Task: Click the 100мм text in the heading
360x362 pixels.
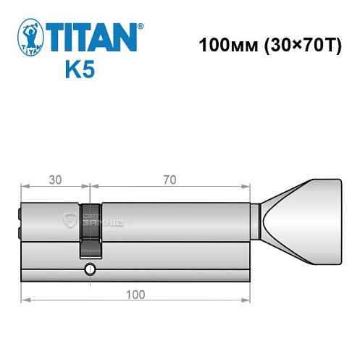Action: coord(222,43)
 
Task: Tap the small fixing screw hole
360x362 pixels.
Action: coord(89,271)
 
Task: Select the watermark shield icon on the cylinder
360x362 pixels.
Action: coord(70,219)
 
